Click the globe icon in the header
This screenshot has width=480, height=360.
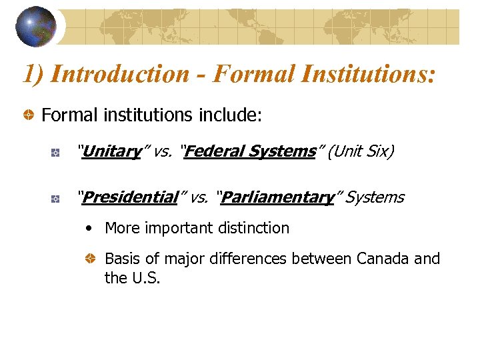pyautogui.click(x=36, y=26)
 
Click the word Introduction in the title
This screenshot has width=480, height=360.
pyautogui.click(x=119, y=73)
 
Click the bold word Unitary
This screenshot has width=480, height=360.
pyautogui.click(x=113, y=152)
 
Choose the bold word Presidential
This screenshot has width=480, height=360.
pyautogui.click(x=131, y=197)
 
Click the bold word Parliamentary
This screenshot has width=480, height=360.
pyautogui.click(x=277, y=197)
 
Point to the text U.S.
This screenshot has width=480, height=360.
pyautogui.click(x=144, y=277)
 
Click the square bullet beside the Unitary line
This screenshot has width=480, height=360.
pyautogui.click(x=57, y=153)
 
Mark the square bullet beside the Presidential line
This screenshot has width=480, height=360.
pyautogui.click(x=57, y=198)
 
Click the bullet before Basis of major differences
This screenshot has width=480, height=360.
pyautogui.click(x=91, y=259)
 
